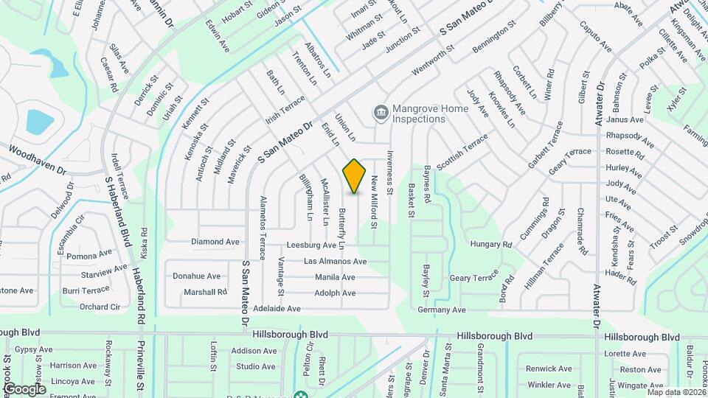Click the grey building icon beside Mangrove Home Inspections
click(380, 112)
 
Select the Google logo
click(24, 388)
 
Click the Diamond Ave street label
click(215, 241)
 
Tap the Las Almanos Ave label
click(335, 261)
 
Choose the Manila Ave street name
click(335, 277)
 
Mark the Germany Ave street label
click(442, 310)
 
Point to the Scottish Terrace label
click(462, 153)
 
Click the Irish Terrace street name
click(285, 111)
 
